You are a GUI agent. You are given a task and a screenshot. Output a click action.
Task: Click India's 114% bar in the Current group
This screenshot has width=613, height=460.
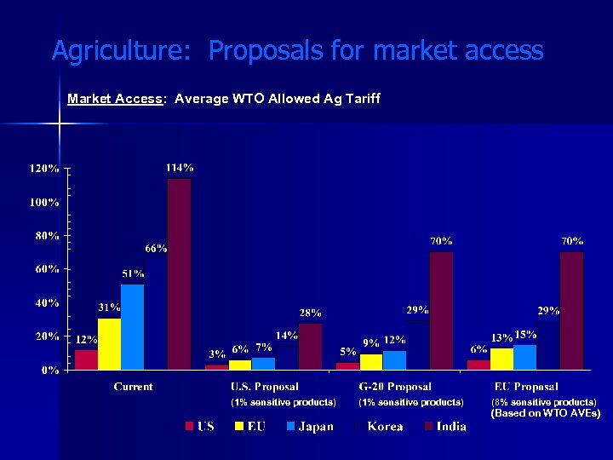pyautogui.click(x=180, y=273)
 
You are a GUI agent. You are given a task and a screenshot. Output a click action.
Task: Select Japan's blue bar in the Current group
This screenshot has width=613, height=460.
pyautogui.click(x=133, y=326)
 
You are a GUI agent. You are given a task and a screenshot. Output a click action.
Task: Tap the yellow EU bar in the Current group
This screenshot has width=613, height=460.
pyautogui.click(x=110, y=343)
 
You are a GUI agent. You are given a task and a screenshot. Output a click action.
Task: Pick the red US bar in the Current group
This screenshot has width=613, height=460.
pyautogui.click(x=87, y=359)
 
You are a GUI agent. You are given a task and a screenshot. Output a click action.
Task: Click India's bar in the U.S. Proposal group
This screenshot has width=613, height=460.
pyautogui.click(x=311, y=346)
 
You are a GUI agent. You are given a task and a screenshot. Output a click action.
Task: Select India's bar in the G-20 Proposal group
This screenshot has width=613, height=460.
pyautogui.click(x=441, y=311)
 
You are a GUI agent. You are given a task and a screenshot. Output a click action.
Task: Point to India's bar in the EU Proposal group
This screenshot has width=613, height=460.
pyautogui.click(x=572, y=311)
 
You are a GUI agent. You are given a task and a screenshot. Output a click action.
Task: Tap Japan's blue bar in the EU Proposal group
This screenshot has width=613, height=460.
pyautogui.click(x=525, y=357)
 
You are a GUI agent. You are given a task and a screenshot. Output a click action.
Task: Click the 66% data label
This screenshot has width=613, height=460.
pyautogui.click(x=156, y=249)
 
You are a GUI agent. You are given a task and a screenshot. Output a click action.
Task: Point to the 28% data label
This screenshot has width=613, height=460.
pyautogui.click(x=310, y=313)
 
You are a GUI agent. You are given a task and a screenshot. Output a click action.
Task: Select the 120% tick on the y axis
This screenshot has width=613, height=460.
pyautogui.click(x=45, y=169)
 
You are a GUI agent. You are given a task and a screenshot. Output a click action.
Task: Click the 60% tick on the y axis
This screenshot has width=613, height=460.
pyautogui.click(x=47, y=269)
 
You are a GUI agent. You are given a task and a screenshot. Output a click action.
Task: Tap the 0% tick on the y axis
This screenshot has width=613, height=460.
pyautogui.click(x=50, y=370)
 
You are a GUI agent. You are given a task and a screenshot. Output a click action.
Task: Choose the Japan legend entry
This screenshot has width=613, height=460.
pyautogui.click(x=315, y=426)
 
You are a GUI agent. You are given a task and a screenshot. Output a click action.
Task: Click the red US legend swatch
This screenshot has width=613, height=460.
pyautogui.click(x=190, y=426)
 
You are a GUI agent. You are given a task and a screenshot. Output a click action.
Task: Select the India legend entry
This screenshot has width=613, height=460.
pyautogui.click(x=450, y=426)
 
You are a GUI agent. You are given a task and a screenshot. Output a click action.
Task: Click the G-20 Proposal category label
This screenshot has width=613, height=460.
pyautogui.click(x=395, y=387)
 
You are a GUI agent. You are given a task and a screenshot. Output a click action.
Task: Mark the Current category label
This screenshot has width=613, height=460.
pyautogui.click(x=134, y=387)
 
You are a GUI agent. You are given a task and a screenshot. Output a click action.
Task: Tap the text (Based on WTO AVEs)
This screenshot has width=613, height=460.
pyautogui.click(x=546, y=413)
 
